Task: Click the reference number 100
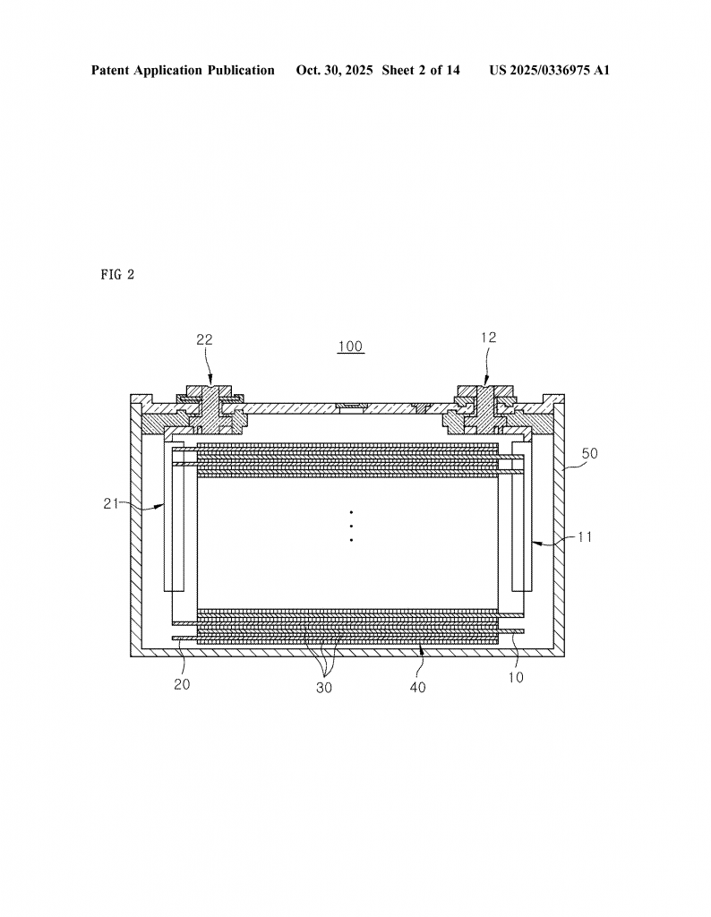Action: [350, 347]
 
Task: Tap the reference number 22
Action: [205, 339]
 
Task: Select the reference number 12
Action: [488, 338]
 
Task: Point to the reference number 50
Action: [589, 453]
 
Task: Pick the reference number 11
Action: [584, 537]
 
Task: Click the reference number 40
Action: [418, 688]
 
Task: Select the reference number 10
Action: [516, 678]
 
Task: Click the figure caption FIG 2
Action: [117, 275]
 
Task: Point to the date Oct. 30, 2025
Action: [334, 70]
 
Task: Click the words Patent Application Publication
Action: [183, 70]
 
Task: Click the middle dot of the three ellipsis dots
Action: [351, 526]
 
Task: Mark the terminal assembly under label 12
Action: [484, 406]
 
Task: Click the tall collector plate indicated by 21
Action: [173, 515]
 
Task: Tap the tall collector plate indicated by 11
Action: [522, 515]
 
